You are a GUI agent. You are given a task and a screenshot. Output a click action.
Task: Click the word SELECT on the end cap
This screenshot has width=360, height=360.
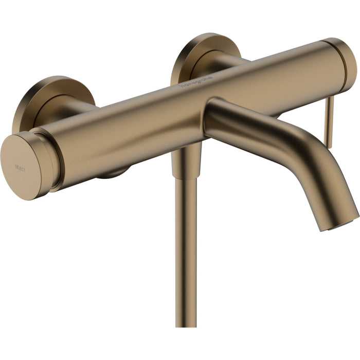(x=21, y=168)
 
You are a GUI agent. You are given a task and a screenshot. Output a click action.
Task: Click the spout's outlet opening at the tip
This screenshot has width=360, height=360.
(x=340, y=223)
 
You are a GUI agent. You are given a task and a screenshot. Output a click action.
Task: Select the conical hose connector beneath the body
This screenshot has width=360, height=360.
(x=186, y=160)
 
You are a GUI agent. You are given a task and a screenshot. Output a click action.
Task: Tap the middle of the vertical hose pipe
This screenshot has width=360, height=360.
(x=186, y=247)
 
